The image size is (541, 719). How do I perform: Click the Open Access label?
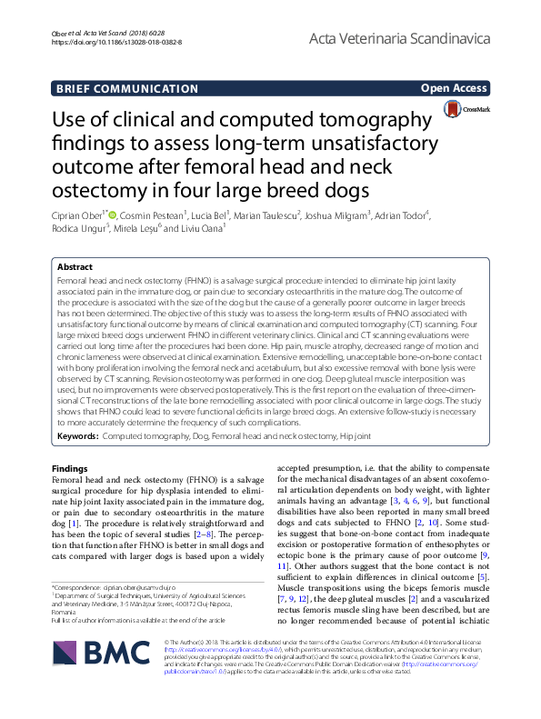(x=454, y=88)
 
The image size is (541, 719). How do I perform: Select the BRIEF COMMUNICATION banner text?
(x=127, y=89)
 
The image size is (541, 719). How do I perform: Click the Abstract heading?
(x=75, y=267)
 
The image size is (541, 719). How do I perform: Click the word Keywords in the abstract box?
(x=76, y=437)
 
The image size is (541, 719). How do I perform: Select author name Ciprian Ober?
(x=80, y=215)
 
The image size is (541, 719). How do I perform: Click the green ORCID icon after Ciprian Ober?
(x=113, y=214)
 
